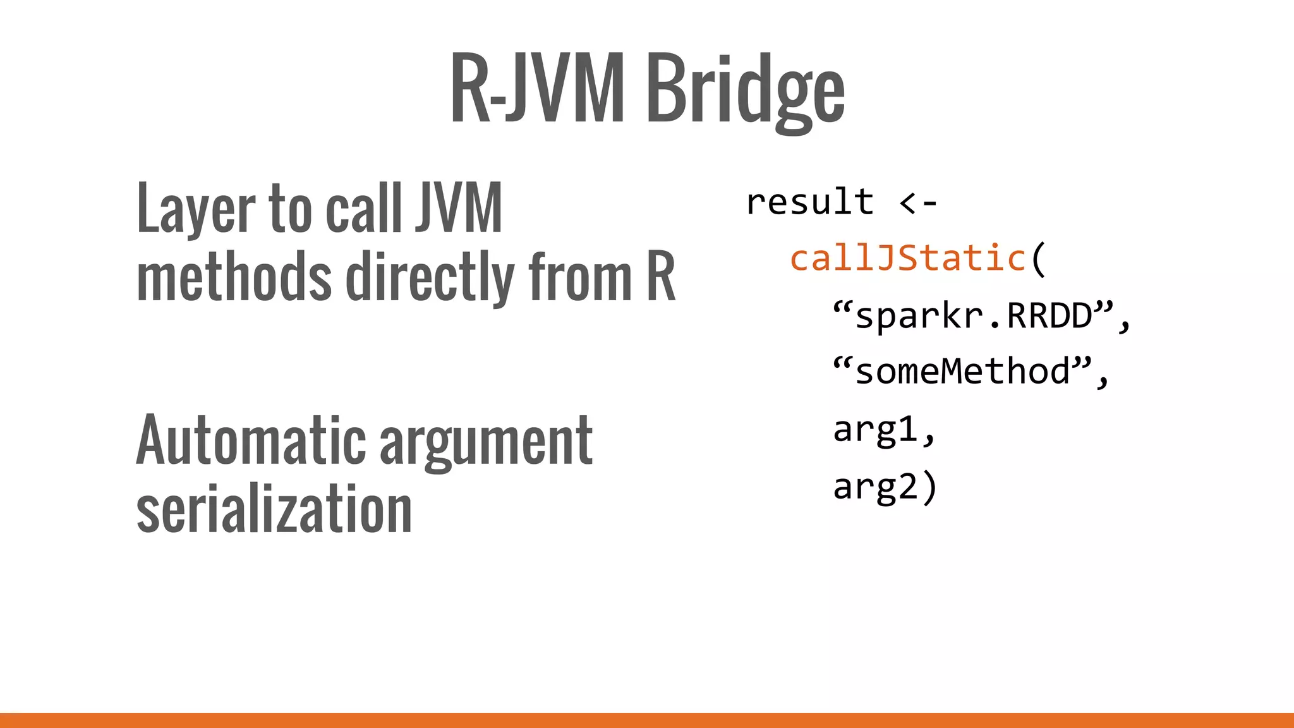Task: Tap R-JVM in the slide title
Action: [x=537, y=88]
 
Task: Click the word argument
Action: [x=486, y=442]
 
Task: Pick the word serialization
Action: [x=274, y=509]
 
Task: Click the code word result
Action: [x=810, y=202]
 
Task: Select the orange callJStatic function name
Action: [x=908, y=258]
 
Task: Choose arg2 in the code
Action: [x=875, y=487]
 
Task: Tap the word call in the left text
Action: [x=363, y=209]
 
